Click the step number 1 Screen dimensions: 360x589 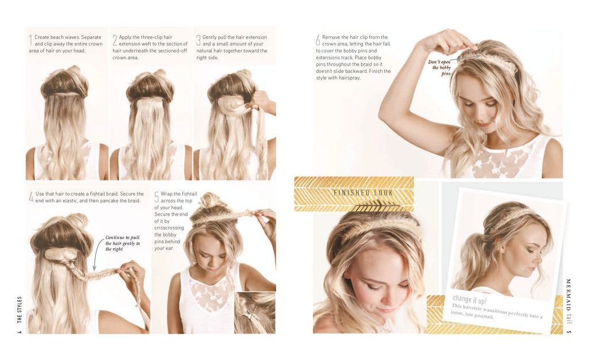pyautogui.click(x=30, y=40)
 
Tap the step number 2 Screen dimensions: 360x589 pyautogui.click(x=114, y=40)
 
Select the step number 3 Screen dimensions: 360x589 pyautogui.click(x=198, y=40)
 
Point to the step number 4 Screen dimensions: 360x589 pyautogui.click(x=31, y=197)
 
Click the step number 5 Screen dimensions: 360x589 pyautogui.click(x=156, y=197)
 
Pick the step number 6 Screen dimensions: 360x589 pyautogui.click(x=318, y=40)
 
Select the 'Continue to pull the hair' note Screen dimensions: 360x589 pyautogui.click(x=122, y=243)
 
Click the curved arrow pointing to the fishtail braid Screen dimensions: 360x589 pyautogui.click(x=95, y=254)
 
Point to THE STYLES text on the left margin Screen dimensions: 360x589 pyautogui.click(x=20, y=311)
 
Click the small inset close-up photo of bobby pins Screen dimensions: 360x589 pyautogui.click(x=254, y=313)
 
